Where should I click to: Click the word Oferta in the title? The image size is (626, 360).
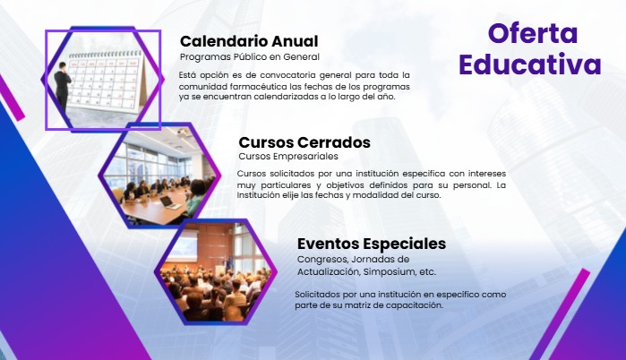pyautogui.click(x=533, y=33)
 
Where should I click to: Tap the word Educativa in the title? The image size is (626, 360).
pyautogui.click(x=530, y=64)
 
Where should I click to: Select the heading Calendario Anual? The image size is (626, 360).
pyautogui.click(x=249, y=41)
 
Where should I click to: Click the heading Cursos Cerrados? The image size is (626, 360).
pyautogui.click(x=304, y=142)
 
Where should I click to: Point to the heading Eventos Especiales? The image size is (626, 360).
pyautogui.click(x=372, y=244)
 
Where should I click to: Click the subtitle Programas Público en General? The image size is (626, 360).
pyautogui.click(x=250, y=57)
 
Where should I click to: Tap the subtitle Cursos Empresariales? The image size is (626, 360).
pyautogui.click(x=288, y=156)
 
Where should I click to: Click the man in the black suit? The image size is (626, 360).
pyautogui.click(x=63, y=90)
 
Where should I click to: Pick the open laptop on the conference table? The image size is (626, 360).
pyautogui.click(x=171, y=202)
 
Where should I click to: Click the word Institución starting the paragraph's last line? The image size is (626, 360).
pyautogui.click(x=258, y=195)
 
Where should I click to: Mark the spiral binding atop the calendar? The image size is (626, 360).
pyautogui.click(x=106, y=55)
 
